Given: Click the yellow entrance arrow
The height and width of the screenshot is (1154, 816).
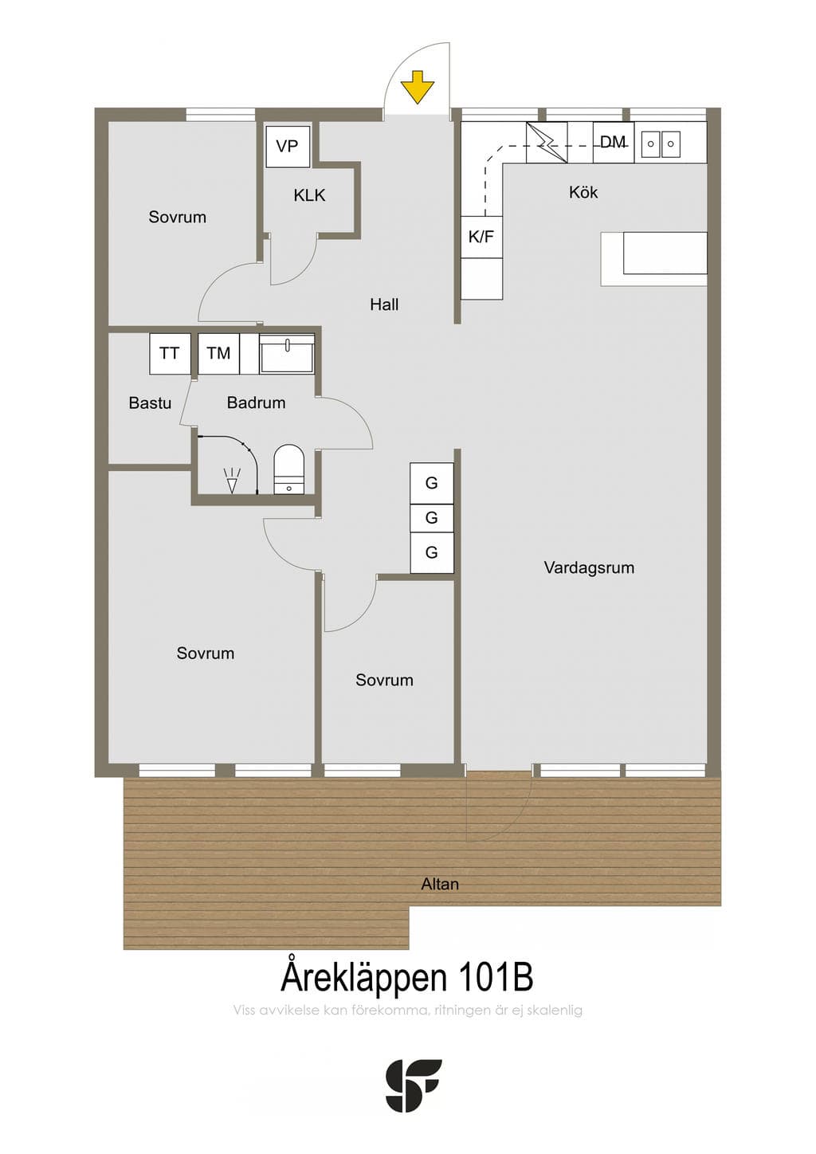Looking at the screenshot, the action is [x=418, y=87].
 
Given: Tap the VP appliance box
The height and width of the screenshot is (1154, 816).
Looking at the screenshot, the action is [x=288, y=147].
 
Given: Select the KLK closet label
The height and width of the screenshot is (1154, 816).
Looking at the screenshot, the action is [x=309, y=195].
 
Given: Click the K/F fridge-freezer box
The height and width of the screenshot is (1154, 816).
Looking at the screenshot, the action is [x=481, y=237].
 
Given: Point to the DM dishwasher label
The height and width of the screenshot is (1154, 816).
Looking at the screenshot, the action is [x=613, y=142].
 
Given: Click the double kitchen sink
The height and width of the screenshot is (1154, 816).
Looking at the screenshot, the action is [x=661, y=143].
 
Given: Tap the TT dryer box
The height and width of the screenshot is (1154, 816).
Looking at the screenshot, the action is [x=170, y=353].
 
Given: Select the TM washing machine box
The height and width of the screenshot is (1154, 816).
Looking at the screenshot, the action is [x=218, y=353].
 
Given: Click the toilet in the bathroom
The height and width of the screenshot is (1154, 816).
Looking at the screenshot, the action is [x=288, y=469].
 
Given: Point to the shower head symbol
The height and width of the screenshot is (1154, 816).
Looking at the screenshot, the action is [x=233, y=481].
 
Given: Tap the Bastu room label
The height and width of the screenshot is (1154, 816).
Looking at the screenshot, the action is [x=150, y=403].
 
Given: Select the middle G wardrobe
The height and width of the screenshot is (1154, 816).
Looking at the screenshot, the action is [x=432, y=518].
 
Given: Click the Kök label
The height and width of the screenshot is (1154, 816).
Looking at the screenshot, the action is [x=583, y=193].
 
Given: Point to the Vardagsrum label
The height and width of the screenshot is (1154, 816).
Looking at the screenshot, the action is [x=589, y=568].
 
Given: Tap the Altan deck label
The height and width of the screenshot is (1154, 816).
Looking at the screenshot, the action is [x=439, y=885].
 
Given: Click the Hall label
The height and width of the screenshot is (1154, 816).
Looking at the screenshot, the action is [x=384, y=304].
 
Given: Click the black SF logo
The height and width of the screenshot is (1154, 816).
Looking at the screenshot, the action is [x=414, y=1085].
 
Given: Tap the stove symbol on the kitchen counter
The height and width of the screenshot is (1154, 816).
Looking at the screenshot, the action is [x=547, y=142].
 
